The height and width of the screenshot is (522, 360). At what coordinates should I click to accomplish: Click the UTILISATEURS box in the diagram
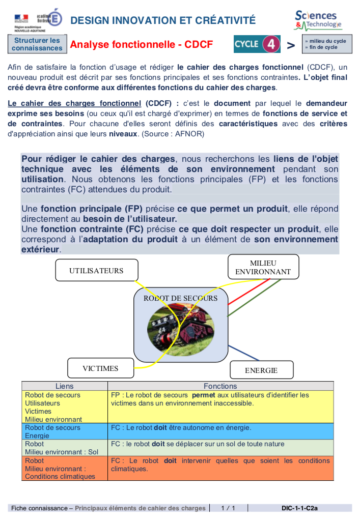coord(96,270)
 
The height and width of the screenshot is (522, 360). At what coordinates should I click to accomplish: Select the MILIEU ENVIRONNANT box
coord(263,267)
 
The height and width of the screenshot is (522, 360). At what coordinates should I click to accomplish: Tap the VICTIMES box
coord(100,368)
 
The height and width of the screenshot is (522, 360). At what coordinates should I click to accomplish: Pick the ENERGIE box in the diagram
coord(261,370)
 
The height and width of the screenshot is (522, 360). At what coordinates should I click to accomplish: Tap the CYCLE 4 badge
coord(257,44)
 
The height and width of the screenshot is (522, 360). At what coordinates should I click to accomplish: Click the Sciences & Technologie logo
coord(317,20)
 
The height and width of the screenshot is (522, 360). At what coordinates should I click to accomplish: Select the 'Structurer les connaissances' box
coord(37,44)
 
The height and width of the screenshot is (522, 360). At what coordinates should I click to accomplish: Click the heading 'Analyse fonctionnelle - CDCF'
coord(142,45)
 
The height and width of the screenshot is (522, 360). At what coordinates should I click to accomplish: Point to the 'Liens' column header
coord(64,386)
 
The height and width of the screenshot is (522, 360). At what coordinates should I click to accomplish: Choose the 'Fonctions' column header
coord(220,386)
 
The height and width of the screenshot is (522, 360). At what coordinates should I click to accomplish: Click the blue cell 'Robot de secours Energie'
coord(64,431)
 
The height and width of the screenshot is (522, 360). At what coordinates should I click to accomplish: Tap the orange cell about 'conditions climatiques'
coord(220,465)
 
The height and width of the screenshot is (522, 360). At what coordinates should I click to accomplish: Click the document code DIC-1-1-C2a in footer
coord(299,508)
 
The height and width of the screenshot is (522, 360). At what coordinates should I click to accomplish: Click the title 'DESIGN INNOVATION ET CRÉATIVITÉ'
coord(163,20)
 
